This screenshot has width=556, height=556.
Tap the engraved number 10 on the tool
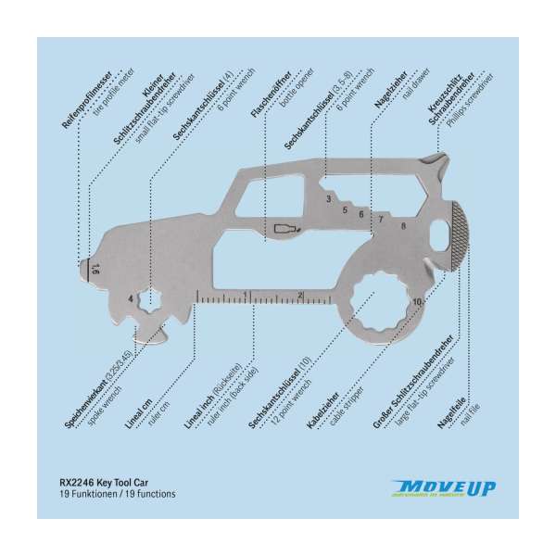418,302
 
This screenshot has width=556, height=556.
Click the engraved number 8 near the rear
402,225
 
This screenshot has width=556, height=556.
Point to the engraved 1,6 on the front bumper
96,270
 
